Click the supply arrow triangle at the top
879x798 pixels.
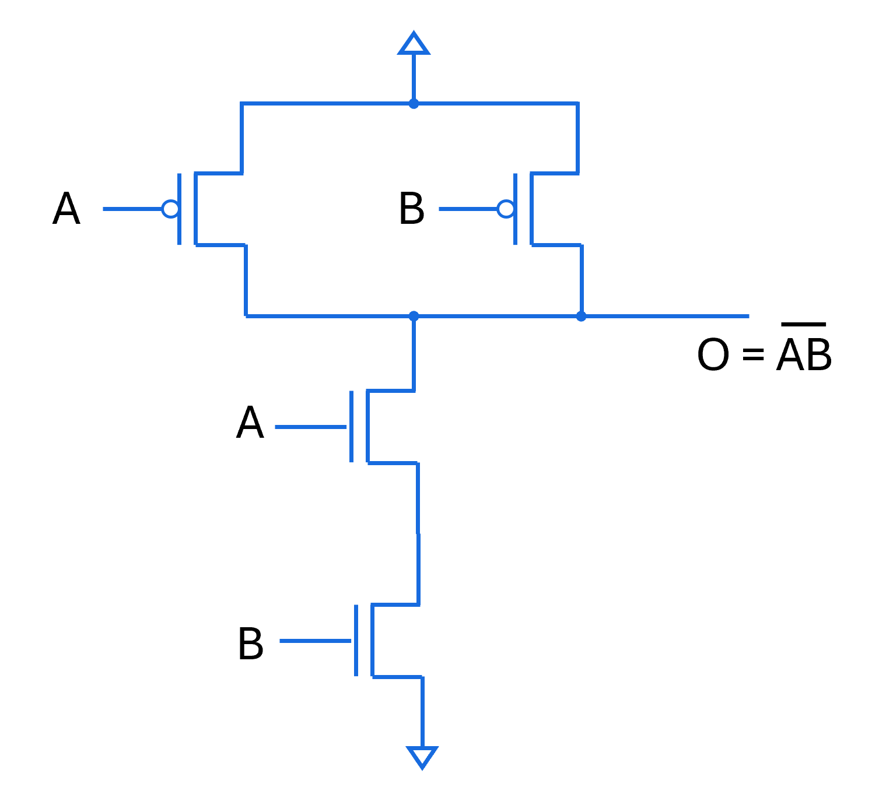coord(414,44)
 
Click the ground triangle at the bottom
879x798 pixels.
coord(422,757)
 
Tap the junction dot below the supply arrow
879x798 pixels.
coord(414,104)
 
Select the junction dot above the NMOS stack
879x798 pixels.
coord(414,316)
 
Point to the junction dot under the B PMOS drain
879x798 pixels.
coord(581,316)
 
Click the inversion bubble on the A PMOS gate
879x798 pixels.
coord(170,209)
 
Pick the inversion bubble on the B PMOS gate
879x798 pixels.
coord(506,209)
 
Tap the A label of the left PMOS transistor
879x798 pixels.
coord(66,209)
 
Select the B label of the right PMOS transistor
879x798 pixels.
coord(412,209)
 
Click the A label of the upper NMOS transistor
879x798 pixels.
coord(250,423)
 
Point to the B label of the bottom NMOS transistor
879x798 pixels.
coord(251,644)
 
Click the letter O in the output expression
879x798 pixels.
coord(713,354)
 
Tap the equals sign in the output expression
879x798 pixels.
coord(753,354)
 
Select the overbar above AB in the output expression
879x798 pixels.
coord(803,324)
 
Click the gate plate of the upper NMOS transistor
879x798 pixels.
coord(351,427)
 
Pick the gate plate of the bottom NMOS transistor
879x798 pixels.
coord(356,641)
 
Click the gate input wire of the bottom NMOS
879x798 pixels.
coord(315,641)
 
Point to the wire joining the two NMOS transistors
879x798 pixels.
coord(418,533)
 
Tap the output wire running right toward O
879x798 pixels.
coord(665,316)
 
